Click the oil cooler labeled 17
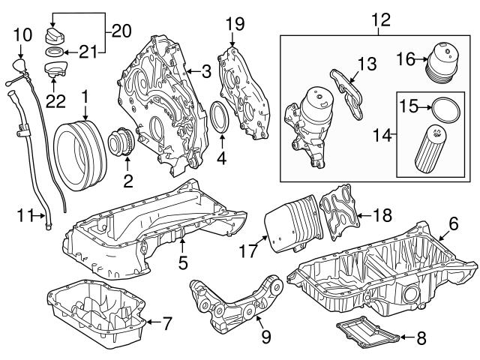(289, 223)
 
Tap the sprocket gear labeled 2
(119, 143)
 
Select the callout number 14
(386, 136)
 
